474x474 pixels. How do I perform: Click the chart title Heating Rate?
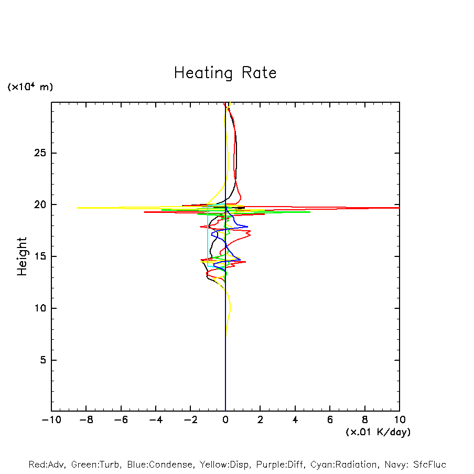click(225, 73)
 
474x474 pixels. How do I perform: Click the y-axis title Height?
click(22, 256)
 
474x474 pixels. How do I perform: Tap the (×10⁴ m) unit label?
click(30, 87)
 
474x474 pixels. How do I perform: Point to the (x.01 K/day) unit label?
click(378, 432)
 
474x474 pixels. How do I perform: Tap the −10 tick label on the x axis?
click(50, 420)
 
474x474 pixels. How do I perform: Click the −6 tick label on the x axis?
click(120, 420)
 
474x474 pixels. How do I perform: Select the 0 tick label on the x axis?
click(225, 420)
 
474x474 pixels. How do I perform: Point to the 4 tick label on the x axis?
click(295, 420)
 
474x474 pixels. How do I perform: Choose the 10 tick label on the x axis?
click(399, 420)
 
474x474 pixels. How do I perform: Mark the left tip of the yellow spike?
click(78, 208)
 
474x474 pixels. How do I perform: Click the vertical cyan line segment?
click(208, 236)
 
